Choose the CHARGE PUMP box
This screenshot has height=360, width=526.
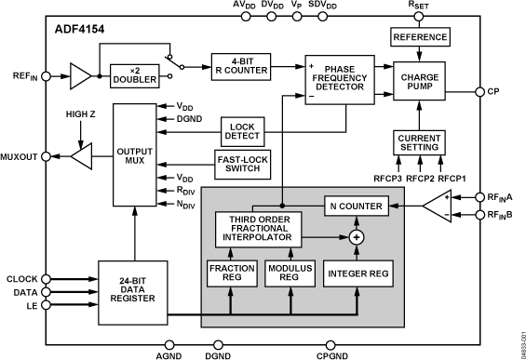coord(421,86)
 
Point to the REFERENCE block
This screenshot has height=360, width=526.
coord(421,38)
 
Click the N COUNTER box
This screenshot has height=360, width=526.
coord(356,205)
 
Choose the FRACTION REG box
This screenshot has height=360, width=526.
coord(232,273)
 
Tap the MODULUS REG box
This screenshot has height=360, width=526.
coord(289,273)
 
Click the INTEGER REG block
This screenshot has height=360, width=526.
coord(356,273)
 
